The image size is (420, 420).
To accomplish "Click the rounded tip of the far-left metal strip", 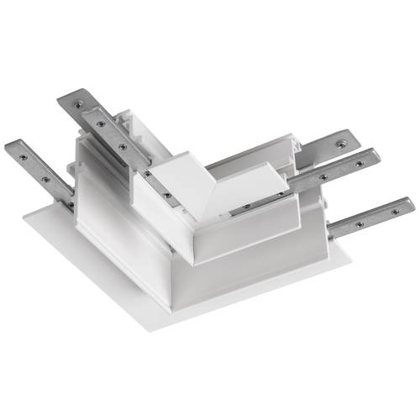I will [10, 148].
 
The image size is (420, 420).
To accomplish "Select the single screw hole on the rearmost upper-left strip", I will [78, 104].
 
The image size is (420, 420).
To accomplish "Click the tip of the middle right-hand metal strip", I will [375, 155].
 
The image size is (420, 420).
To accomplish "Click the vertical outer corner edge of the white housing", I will [173, 277].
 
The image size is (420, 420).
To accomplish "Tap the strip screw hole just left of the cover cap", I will [151, 174].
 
